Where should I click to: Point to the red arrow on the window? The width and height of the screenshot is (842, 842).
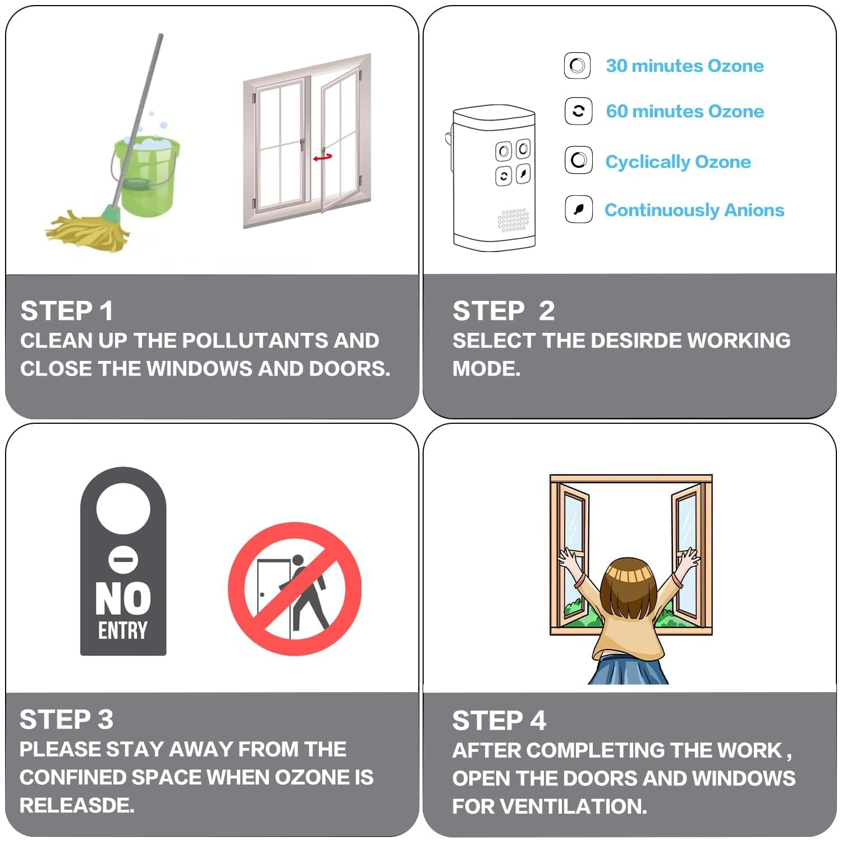323,158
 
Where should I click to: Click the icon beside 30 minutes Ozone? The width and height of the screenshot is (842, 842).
578,66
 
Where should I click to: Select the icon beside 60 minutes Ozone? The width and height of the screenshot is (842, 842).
578,111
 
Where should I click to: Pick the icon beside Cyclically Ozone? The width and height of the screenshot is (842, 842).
578,161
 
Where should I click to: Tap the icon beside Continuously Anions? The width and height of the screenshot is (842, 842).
578,209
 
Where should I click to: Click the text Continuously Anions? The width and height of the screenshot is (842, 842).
694,210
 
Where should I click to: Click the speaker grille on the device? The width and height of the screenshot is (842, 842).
513,220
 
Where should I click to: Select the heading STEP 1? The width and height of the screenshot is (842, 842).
67,311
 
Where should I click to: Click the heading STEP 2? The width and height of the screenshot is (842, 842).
504,311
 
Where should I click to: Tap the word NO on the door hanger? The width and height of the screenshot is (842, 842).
123,599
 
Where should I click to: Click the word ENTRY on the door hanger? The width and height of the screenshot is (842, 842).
123,630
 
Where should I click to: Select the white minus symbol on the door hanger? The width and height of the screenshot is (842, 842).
123,560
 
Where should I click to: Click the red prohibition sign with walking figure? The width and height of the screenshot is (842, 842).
295,589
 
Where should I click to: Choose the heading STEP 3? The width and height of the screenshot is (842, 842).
66,720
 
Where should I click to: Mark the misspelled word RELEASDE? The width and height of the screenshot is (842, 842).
77,806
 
